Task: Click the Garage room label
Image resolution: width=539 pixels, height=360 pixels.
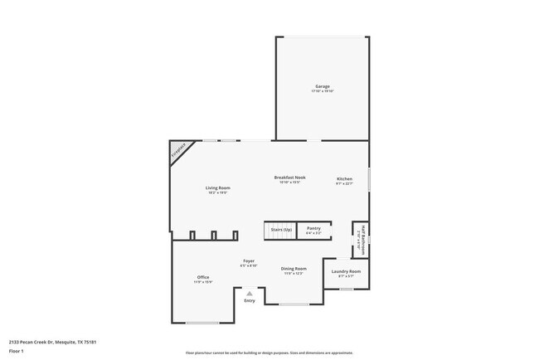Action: (x=323, y=86)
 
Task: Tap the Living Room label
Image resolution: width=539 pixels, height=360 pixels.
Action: (x=218, y=188)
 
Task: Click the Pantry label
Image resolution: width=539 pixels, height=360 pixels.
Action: (x=313, y=228)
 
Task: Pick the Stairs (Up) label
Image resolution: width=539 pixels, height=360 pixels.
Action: (x=282, y=229)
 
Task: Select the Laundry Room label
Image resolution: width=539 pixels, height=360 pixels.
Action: (x=346, y=271)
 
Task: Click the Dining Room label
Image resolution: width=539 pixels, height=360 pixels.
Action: (x=294, y=269)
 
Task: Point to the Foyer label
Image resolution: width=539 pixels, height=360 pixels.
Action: (x=249, y=260)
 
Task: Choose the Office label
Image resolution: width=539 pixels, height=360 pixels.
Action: (x=203, y=277)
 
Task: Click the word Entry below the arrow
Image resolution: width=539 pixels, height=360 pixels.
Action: (x=250, y=300)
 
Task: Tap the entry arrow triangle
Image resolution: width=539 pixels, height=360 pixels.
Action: (x=250, y=293)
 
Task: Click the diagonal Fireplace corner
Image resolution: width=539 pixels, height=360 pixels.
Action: (x=178, y=150)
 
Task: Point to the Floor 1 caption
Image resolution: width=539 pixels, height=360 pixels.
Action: (x=17, y=353)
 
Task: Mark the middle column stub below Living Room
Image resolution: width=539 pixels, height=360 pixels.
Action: (x=213, y=235)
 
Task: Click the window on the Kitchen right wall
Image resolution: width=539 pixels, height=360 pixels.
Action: (x=370, y=180)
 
